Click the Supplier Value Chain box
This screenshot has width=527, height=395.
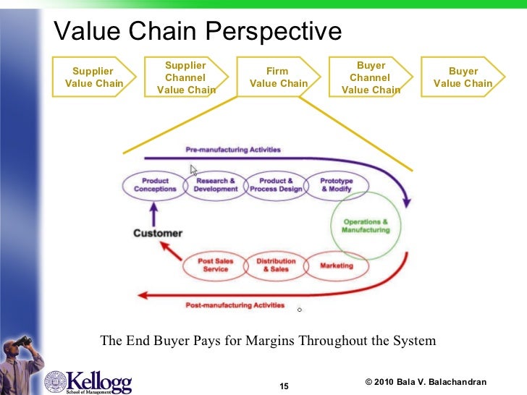[x=93, y=77]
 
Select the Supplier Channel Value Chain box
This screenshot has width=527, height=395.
[x=185, y=77]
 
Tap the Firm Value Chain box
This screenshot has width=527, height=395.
[x=277, y=77]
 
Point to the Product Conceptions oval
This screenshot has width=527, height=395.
[x=155, y=184]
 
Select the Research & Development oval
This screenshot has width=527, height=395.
[x=216, y=184]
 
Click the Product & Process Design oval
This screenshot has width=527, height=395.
[x=276, y=184]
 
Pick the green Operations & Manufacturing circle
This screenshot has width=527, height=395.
[x=366, y=225]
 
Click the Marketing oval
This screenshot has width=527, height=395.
[x=337, y=266]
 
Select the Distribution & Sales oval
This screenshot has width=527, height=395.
[x=276, y=265]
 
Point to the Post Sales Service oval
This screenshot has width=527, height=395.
[x=216, y=265]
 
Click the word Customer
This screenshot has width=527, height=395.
[x=157, y=233]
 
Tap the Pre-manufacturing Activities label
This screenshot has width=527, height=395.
[x=233, y=150]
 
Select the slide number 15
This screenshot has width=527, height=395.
[x=284, y=386]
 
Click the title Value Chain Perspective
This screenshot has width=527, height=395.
[x=198, y=30]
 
